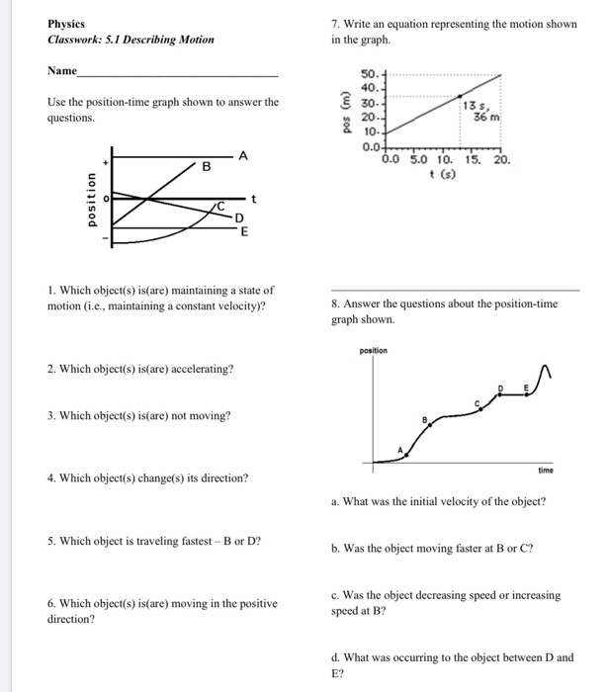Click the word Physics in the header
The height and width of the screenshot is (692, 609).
pyautogui.click(x=66, y=24)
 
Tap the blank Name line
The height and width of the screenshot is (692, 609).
pyautogui.click(x=178, y=75)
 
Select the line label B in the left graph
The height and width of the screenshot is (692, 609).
pyautogui.click(x=207, y=167)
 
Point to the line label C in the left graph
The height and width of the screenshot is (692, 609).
pyautogui.click(x=223, y=205)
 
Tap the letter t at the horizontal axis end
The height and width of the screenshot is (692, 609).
pyautogui.click(x=254, y=198)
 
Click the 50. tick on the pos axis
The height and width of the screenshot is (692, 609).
pyautogui.click(x=370, y=75)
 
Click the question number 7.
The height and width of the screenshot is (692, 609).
pyautogui.click(x=335, y=24)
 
